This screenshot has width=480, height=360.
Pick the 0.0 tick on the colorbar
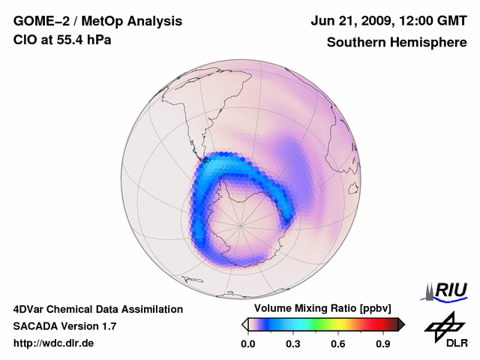coord(247,344)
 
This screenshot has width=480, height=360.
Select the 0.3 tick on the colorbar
coord(293,344)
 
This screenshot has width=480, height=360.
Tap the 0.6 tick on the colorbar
coord(339,344)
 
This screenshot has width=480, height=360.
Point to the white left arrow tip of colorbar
coord(244,324)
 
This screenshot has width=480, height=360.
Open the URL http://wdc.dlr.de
coord(54,344)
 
